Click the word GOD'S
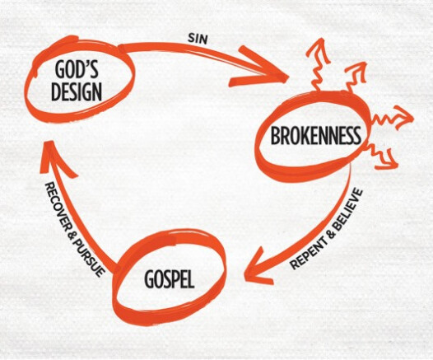tap(77, 69)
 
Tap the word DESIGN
tap(77, 91)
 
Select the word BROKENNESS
tap(315, 135)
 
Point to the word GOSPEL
tap(170, 278)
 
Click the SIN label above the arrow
tap(198, 38)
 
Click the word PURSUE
tap(89, 257)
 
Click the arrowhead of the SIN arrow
tap(258, 68)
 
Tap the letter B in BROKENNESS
tap(276, 135)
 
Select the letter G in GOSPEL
tap(149, 278)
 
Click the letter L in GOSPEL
tap(191, 278)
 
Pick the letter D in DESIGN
tap(56, 91)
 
